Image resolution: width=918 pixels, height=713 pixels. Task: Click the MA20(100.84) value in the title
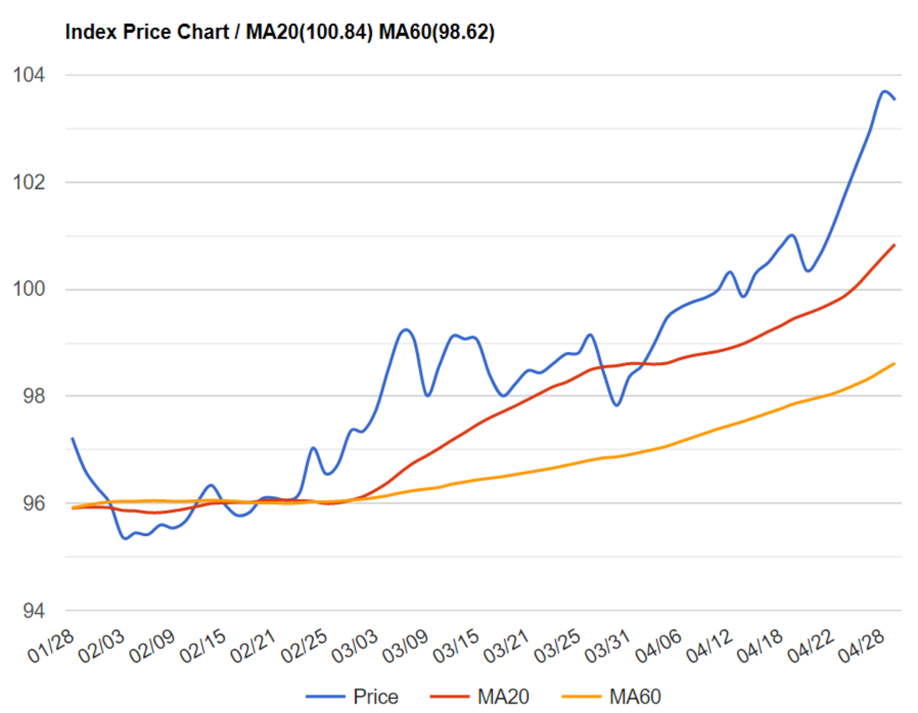(310, 32)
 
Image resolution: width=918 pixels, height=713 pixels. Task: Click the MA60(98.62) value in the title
(437, 32)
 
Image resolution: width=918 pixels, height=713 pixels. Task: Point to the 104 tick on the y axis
(29, 75)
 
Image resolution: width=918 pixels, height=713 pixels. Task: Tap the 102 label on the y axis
(29, 182)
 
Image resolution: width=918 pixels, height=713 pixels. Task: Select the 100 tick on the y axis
(29, 289)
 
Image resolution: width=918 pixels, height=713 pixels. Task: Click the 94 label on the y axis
(33, 610)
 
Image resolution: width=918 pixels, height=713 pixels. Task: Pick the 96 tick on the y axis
(33, 503)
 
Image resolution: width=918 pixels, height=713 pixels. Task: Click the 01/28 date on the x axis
(51, 646)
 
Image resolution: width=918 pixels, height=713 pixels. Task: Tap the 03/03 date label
(354, 646)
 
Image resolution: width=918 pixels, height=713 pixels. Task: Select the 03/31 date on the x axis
(607, 646)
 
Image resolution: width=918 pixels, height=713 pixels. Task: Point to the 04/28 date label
(861, 646)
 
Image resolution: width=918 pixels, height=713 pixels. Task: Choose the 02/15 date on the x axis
(203, 646)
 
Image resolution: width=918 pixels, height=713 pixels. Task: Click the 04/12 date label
(709, 646)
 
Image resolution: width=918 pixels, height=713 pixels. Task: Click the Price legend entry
(375, 696)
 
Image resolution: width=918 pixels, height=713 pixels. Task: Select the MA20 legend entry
(503, 696)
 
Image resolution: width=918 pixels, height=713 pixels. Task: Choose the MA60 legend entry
(635, 696)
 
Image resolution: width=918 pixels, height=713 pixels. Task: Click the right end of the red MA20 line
(894, 245)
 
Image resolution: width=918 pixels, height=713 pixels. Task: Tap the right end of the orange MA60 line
(894, 363)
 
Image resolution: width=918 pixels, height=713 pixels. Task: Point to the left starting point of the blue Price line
(72, 438)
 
